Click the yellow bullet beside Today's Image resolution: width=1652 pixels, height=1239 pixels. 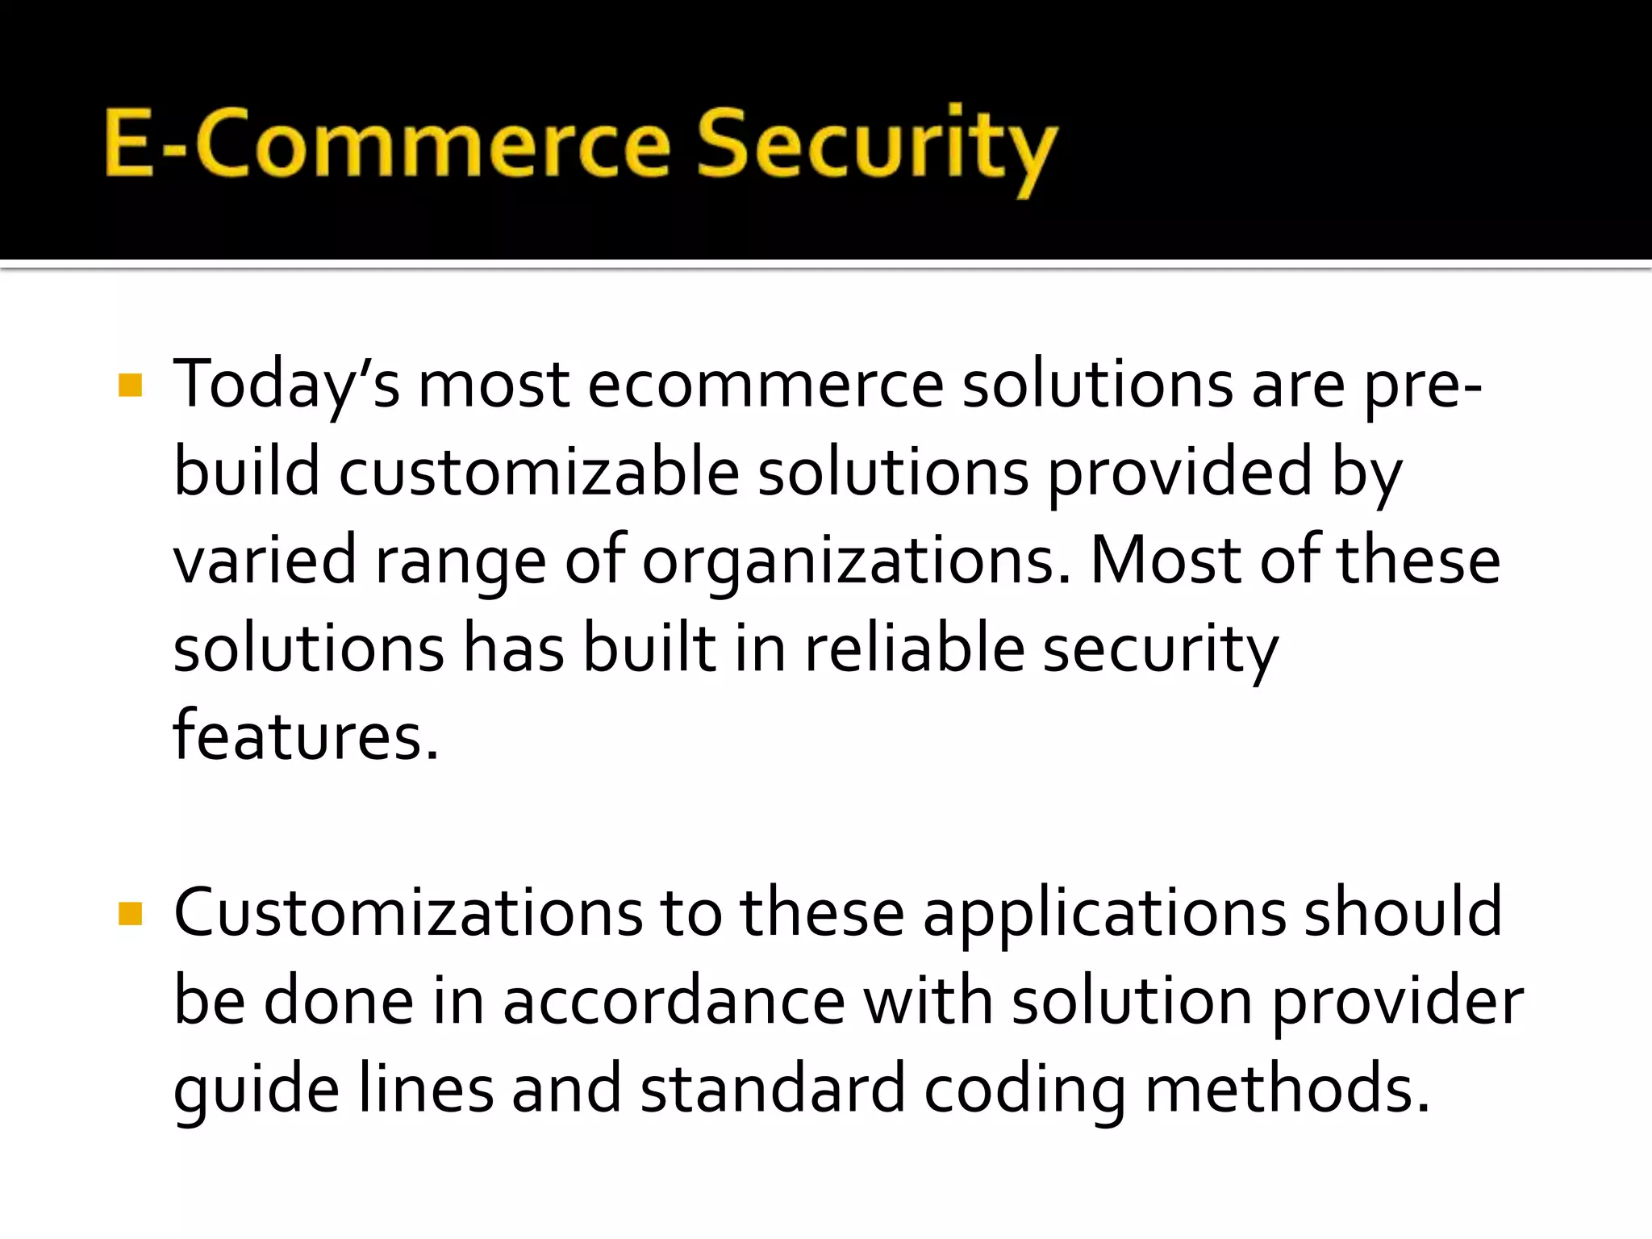(130, 386)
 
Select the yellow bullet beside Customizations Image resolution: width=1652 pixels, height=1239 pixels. (130, 914)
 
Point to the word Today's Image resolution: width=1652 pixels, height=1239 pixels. (286, 386)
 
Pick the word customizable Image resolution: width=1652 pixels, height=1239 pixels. (538, 473)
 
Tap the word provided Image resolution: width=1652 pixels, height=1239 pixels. (1179, 473)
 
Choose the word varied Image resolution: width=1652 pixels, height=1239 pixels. (265, 561)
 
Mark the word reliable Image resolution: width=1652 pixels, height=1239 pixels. (914, 649)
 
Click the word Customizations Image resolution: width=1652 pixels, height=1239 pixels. (408, 914)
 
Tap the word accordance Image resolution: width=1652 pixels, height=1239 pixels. (674, 1002)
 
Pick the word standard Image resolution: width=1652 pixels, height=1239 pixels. (772, 1090)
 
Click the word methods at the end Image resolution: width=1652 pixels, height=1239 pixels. (1287, 1090)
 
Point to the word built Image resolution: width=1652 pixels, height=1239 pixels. (649, 649)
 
